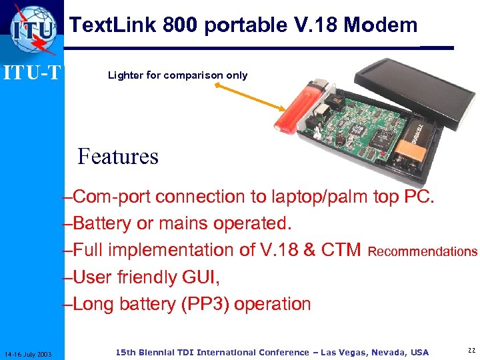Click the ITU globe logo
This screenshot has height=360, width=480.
point(34,30)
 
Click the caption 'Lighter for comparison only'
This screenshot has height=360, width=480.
point(177,75)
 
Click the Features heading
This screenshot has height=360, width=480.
point(118,157)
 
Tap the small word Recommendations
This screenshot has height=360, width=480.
point(423,252)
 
